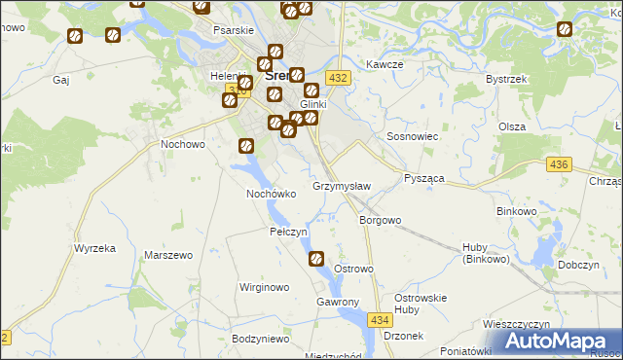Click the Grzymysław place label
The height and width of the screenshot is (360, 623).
tap(341, 186)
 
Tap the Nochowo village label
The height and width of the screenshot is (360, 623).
tap(182, 145)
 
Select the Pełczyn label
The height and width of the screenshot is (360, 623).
tap(288, 233)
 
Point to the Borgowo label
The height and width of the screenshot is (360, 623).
tap(381, 220)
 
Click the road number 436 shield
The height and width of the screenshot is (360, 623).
tap(558, 166)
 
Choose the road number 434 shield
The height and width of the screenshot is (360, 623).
tap(381, 319)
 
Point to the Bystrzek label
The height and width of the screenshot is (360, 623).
tap(505, 78)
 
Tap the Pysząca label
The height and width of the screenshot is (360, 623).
tap(423, 180)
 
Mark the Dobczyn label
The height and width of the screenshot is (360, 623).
tap(577, 265)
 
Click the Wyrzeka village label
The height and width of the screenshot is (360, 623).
tap(94, 248)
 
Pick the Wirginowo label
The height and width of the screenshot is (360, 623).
tap(265, 288)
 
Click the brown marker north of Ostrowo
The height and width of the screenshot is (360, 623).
tap(316, 258)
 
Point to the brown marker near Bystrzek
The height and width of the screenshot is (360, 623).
tap(564, 29)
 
